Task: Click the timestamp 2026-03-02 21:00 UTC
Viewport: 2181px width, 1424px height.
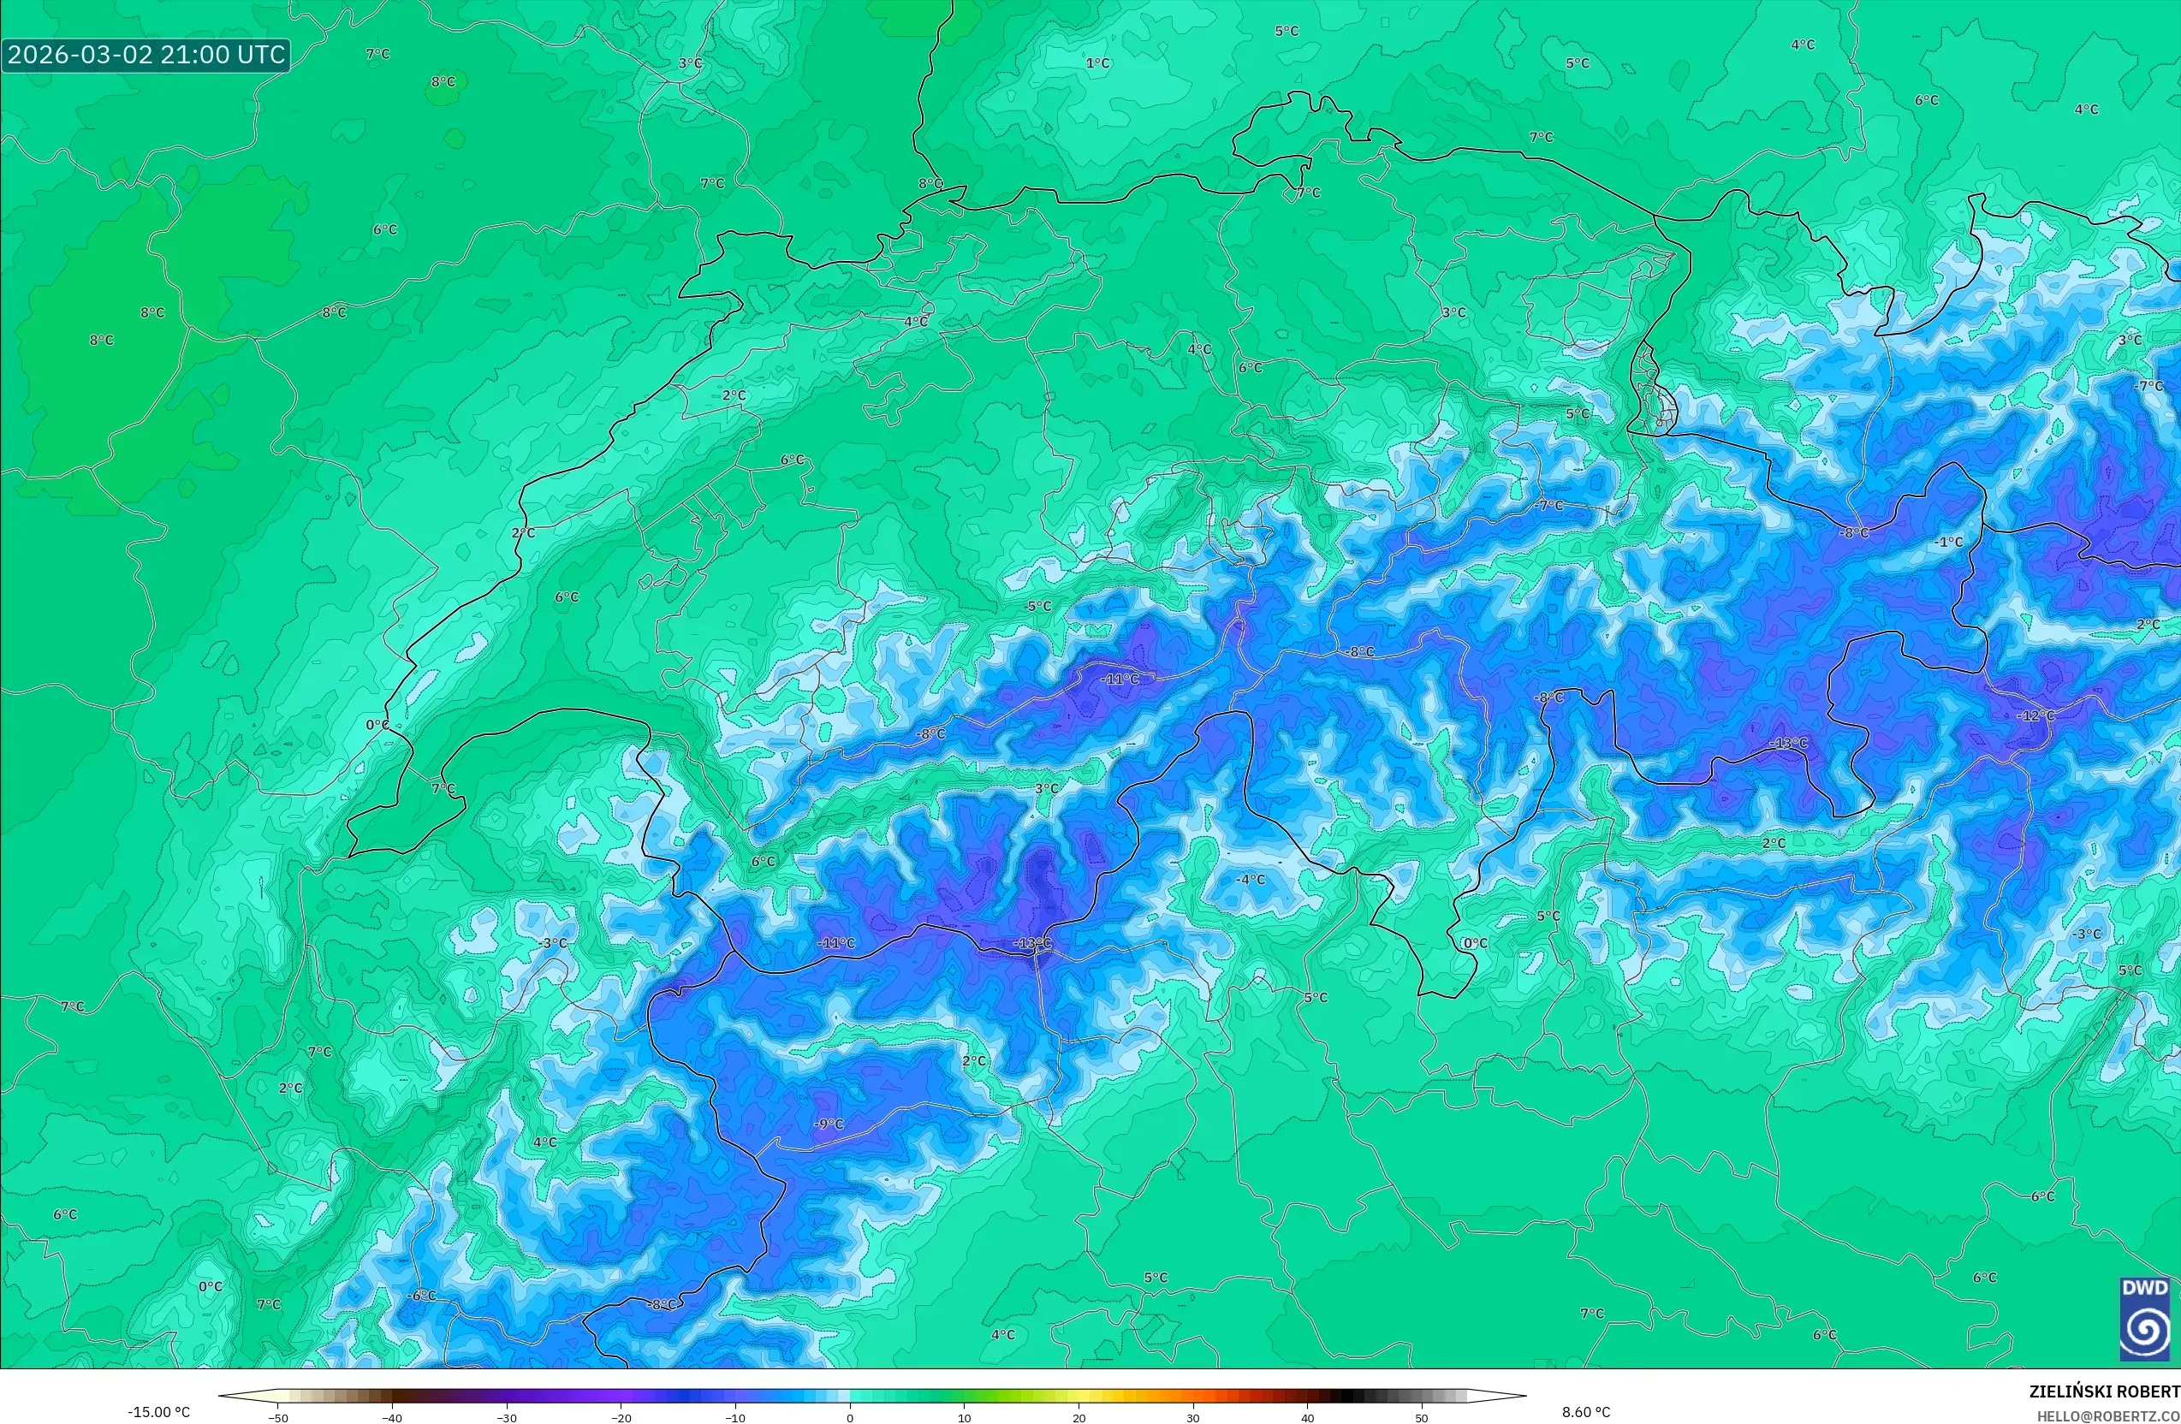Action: pos(146,55)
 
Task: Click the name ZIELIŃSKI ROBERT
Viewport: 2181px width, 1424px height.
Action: pos(2104,1391)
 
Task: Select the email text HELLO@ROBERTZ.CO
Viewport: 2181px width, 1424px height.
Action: pos(2107,1415)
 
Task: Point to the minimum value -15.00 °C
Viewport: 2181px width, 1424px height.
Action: pos(159,1412)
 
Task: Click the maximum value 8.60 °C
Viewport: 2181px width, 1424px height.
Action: pos(1586,1412)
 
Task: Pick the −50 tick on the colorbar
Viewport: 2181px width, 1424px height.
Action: pos(278,1418)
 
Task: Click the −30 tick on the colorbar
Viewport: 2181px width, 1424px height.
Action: pos(507,1418)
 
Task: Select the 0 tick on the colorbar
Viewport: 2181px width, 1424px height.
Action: pos(849,1418)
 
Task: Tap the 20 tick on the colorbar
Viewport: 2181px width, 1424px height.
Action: pos(1079,1418)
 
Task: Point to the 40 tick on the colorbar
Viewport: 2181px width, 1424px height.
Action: pos(1308,1418)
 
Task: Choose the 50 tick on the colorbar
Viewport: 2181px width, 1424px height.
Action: pos(1421,1418)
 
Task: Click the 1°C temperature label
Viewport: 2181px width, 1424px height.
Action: pos(1098,63)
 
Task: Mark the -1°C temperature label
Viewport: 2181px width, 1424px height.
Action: pos(1949,542)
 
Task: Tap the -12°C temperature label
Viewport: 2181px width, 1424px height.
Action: pos(2035,715)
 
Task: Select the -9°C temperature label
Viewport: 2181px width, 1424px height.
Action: pos(829,1124)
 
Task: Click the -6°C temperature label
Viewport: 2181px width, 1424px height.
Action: pos(421,1296)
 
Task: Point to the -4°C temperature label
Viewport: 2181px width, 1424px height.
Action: pos(1250,879)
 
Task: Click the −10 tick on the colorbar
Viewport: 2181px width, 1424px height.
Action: pos(735,1418)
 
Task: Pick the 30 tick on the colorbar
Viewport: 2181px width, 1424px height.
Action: pos(1193,1418)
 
